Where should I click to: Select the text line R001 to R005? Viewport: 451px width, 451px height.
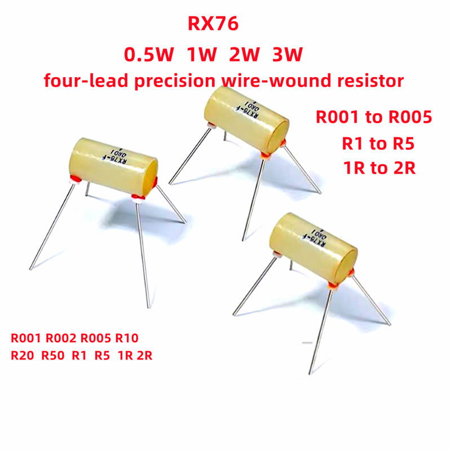374,118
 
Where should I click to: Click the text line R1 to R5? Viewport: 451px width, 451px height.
374,143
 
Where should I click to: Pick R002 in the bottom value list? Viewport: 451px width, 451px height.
61,339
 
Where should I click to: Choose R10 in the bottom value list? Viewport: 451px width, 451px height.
126,339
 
